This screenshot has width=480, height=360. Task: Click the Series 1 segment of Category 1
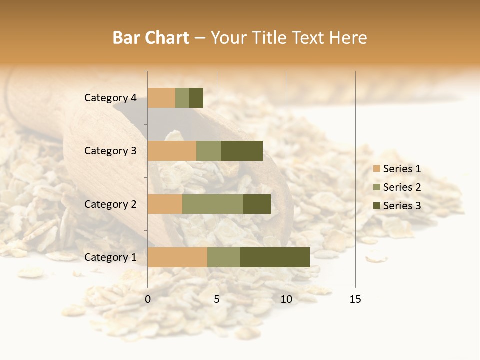click(x=177, y=257)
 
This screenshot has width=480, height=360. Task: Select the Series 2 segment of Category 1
click(x=224, y=257)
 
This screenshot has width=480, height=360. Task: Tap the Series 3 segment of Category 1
click(x=275, y=257)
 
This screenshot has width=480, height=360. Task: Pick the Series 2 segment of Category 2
click(x=213, y=204)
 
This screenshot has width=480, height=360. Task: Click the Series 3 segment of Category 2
click(x=257, y=204)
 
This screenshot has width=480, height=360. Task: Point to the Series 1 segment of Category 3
click(x=172, y=151)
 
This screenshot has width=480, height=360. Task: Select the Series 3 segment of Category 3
click(x=242, y=151)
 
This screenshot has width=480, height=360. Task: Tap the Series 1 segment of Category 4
click(x=161, y=98)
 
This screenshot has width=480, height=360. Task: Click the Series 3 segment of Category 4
click(x=196, y=98)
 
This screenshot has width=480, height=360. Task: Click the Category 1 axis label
click(x=110, y=257)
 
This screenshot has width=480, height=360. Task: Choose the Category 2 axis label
click(x=110, y=204)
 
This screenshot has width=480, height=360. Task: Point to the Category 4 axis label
click(x=110, y=98)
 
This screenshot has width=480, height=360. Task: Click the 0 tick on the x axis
click(x=148, y=299)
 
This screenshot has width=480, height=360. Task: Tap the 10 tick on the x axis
click(x=286, y=299)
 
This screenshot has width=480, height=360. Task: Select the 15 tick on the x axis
click(x=355, y=299)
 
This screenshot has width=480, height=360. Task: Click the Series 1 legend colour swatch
click(x=376, y=169)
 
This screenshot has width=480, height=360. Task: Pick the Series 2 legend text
click(x=402, y=187)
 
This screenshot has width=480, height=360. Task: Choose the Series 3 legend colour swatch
click(x=376, y=206)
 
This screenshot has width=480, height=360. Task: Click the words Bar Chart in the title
click(x=151, y=38)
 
